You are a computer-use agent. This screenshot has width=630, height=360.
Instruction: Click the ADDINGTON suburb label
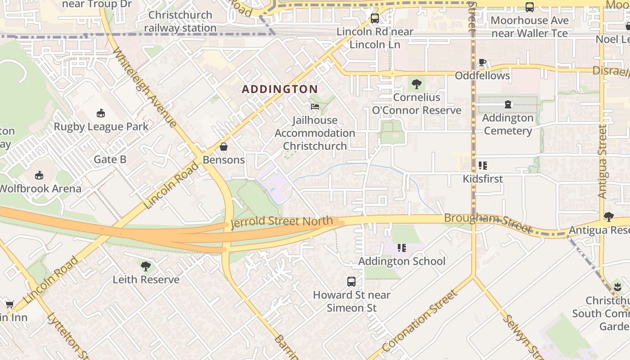point(279,89)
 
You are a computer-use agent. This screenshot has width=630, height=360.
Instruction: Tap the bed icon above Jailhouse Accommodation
point(315,107)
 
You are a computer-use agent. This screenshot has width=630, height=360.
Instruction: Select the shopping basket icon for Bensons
point(224,147)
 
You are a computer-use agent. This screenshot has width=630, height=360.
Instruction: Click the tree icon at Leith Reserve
point(145,266)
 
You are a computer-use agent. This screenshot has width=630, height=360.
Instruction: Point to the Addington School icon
point(402,248)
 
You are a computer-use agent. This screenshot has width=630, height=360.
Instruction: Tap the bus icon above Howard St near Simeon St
point(351,282)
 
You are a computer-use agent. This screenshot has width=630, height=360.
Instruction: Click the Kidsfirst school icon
point(483,166)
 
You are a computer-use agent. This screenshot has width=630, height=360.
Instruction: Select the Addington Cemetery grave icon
point(508,105)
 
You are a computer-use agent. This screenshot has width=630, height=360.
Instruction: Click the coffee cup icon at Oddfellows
point(482,62)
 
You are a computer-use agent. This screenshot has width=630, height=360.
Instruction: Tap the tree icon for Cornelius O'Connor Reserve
point(416,84)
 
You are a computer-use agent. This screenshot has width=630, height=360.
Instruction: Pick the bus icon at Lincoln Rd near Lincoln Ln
point(374,18)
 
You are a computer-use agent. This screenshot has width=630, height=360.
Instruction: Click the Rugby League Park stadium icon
point(101,113)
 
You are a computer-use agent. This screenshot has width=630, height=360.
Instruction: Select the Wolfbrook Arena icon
point(39,175)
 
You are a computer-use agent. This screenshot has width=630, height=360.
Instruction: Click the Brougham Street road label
point(488,222)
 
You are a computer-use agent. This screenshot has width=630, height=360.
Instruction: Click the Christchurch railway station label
point(180,21)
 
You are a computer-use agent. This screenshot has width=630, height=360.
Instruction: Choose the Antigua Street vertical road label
point(603,161)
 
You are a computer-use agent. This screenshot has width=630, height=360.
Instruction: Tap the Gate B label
point(110,159)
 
